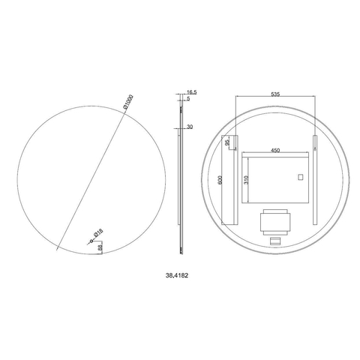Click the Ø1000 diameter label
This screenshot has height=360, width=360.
coord(129,102)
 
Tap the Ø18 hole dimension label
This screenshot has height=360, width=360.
coord(98,233)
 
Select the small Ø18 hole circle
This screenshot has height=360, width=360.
coord(91,241)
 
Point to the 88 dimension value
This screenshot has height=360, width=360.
coord(100,247)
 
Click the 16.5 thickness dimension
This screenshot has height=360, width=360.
coord(192,92)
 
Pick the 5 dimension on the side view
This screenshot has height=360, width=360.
coord(188,98)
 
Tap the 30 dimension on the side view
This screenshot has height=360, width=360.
coord(190,127)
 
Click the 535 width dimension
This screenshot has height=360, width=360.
coord(275,94)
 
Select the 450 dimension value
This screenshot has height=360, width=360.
coord(275,150)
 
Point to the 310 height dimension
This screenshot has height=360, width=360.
coord(246,180)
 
